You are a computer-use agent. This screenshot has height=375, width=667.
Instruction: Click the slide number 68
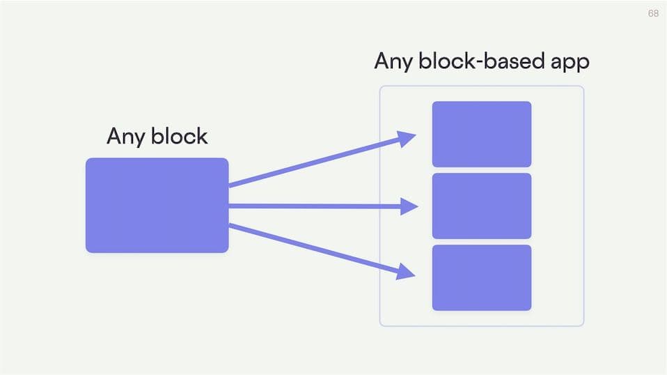tap(653, 14)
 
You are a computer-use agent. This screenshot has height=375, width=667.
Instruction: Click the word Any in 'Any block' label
tap(123, 136)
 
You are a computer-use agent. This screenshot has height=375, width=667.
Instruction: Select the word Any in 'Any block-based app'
tap(391, 61)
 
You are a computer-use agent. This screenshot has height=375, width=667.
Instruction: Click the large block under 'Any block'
tap(157, 205)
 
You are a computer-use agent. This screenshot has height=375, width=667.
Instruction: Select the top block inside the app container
tap(481, 134)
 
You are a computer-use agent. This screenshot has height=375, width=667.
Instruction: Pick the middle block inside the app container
tap(481, 206)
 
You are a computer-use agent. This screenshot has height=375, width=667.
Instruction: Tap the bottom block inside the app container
tap(481, 277)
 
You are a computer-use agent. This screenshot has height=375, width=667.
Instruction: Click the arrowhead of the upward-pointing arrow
tap(407, 139)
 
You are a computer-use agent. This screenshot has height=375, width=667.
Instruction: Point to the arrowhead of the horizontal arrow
tap(409, 206)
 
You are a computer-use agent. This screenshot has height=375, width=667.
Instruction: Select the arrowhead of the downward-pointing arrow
tap(406, 270)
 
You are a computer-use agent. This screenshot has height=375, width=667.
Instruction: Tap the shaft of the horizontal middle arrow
tap(313, 206)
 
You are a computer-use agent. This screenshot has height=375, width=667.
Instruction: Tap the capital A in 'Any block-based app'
tap(382, 61)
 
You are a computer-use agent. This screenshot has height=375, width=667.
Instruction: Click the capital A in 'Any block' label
tap(114, 135)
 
